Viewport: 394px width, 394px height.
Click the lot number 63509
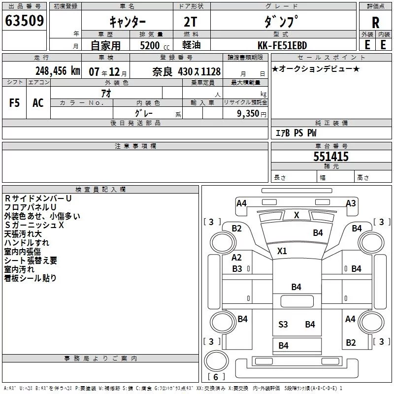tap(25, 21)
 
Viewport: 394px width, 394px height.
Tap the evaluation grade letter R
tap(375, 22)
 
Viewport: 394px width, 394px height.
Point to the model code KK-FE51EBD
tap(283, 45)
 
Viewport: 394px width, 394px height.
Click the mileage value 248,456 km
tap(58, 71)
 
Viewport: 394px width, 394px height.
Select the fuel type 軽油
tap(191, 45)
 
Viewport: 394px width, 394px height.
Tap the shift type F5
tap(14, 103)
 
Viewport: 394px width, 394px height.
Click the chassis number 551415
tap(331, 157)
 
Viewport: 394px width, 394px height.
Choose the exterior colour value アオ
tap(105, 93)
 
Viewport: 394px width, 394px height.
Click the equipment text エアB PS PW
tap(296, 133)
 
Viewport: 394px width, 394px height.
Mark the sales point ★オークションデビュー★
tap(316, 68)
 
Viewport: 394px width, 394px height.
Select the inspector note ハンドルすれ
tap(27, 243)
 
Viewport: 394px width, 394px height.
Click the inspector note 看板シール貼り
tap(30, 278)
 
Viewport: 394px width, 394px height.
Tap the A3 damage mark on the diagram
tap(351, 203)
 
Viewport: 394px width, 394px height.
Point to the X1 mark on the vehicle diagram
tap(282, 251)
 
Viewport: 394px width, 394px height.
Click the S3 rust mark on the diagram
tap(283, 324)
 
